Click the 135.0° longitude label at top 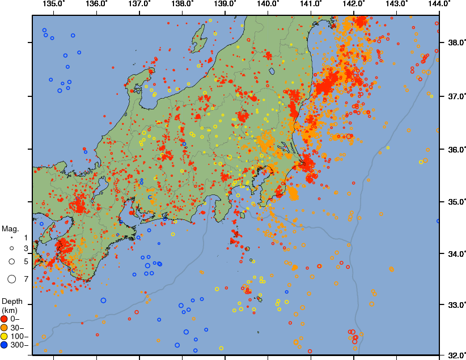[x=54, y=5]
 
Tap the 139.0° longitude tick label [x=225, y=5]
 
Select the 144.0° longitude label [x=439, y=5]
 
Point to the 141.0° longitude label [x=311, y=5]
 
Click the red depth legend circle [x=5, y=319]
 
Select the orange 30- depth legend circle [x=5, y=328]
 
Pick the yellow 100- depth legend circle [x=5, y=336]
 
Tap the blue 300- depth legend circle [x=5, y=345]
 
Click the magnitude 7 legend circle [x=11, y=278]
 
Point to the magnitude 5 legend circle [x=11, y=261]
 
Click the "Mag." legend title [x=10, y=229]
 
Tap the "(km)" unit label [x=10, y=310]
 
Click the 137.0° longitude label [x=140, y=5]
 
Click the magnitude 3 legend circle [x=11, y=248]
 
